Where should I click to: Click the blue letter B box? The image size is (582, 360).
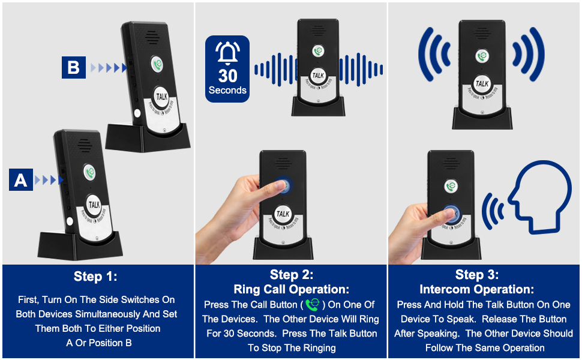coord(73,67)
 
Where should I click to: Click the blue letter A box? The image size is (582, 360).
coord(21,179)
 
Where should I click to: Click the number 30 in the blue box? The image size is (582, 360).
coord(227,76)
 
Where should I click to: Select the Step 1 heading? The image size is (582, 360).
coord(96,277)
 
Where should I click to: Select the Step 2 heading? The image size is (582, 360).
coord(292,275)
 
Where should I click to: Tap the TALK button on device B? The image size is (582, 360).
coord(161,96)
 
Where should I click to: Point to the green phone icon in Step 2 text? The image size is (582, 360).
coord(312,305)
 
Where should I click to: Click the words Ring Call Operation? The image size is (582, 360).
coord(292,289)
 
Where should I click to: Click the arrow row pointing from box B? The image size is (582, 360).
coord(108,68)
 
